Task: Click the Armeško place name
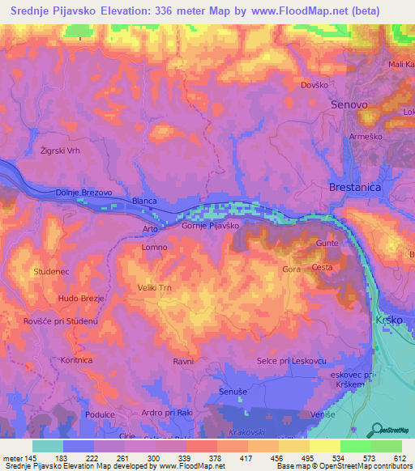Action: pos(363,138)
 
